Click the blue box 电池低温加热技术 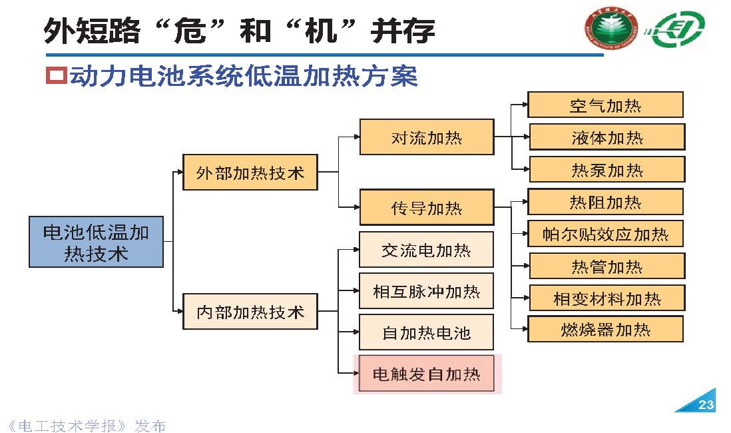[x=96, y=241]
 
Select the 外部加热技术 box [x=250, y=173]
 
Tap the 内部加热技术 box [x=250, y=311]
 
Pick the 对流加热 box [x=426, y=137]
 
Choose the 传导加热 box [x=426, y=208]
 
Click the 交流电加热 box [x=426, y=250]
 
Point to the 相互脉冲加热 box [x=426, y=291]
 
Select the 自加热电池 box [x=426, y=332]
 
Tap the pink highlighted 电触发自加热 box [x=426, y=374]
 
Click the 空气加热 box [x=605, y=105]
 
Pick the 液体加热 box [x=607, y=137]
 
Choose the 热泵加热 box [x=607, y=169]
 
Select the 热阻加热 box [x=605, y=202]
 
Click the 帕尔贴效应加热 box [x=605, y=234]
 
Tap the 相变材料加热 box [x=607, y=298]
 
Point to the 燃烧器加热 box [x=605, y=329]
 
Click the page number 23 [x=706, y=405]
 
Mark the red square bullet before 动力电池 [x=56, y=76]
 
